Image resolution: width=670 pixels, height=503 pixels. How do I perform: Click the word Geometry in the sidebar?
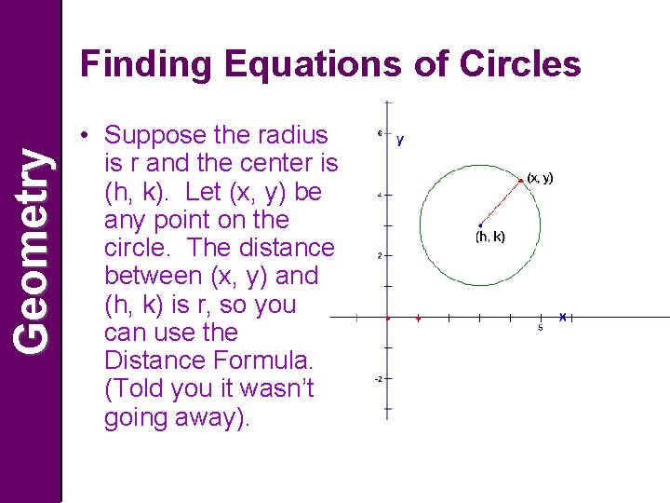click(33, 251)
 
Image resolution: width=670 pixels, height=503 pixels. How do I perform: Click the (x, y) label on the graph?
click(540, 177)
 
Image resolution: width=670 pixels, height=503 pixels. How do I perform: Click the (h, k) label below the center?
click(490, 237)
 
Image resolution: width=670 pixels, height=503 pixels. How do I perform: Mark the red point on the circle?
click(520, 180)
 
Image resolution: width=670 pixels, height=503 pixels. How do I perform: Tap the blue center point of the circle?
click(478, 224)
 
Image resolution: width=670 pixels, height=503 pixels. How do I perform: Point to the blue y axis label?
click(400, 141)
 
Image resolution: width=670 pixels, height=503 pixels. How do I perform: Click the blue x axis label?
click(562, 317)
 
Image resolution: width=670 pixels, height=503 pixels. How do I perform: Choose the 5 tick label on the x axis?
click(541, 328)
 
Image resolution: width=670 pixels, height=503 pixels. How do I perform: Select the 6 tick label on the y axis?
click(379, 133)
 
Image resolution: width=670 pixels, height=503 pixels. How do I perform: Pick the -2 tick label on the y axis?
click(379, 379)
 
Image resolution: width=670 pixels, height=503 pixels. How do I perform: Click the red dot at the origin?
click(388, 319)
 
